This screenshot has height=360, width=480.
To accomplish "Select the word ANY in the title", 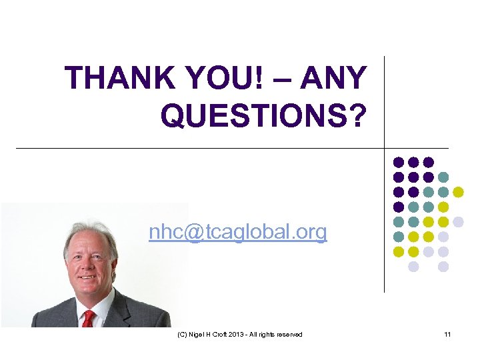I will [333, 79].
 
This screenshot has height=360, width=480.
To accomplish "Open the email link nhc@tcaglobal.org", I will [238, 232].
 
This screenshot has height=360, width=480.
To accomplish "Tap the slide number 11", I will [447, 334].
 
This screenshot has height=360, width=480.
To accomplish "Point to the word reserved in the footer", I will [288, 334].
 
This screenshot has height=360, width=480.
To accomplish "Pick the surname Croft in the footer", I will [221, 334].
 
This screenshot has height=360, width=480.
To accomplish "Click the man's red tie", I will [89, 319].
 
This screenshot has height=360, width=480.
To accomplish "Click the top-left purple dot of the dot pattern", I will [399, 162].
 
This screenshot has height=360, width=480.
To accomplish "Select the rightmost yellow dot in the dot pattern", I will [458, 192].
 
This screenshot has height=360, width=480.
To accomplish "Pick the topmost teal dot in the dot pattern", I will [443, 177].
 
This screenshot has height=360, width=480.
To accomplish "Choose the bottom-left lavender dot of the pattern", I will [413, 267].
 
